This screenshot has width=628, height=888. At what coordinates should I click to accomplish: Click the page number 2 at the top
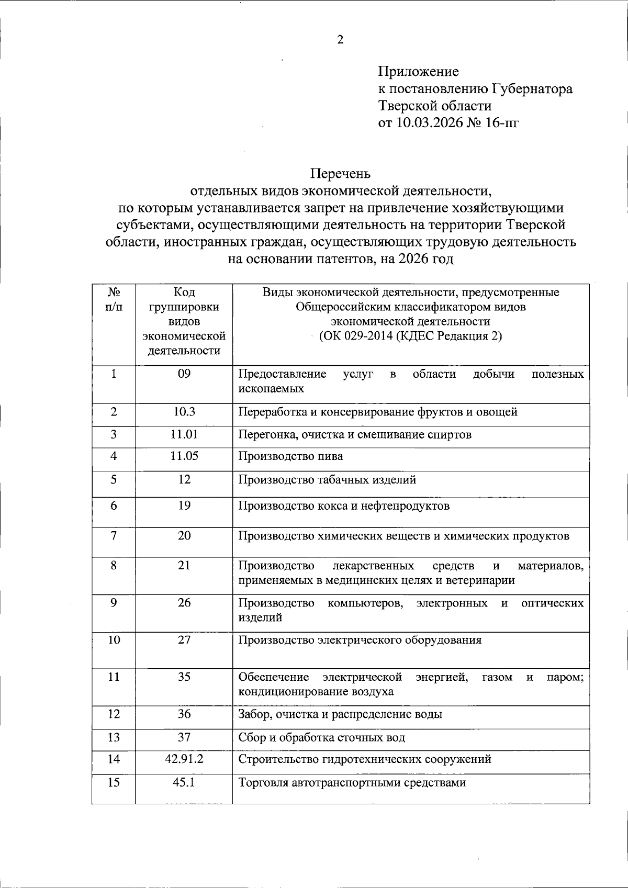pos(340,40)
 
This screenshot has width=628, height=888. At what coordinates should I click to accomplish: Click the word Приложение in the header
pos(419,71)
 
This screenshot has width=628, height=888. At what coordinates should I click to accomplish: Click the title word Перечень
pos(340,173)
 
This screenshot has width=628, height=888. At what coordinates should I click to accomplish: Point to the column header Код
pos(184,292)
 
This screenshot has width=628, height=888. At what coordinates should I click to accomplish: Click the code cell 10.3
pos(184,411)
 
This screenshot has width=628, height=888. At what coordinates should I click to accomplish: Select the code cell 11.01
pos(184,434)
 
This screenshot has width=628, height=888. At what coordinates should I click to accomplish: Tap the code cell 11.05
pos(184,455)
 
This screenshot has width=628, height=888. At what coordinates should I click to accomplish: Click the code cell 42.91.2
pos(184,758)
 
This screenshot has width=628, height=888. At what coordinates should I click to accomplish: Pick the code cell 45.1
pos(184,782)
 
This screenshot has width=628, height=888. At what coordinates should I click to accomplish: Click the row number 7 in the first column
pos(114,535)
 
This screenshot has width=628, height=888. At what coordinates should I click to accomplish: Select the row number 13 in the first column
pos(114,737)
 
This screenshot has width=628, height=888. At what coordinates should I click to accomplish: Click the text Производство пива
pos(290,456)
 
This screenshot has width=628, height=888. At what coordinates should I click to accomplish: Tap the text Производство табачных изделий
pos(327,479)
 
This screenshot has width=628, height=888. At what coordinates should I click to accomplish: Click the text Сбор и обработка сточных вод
pos(321,738)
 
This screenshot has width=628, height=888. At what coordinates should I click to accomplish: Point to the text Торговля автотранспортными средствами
pos(352,783)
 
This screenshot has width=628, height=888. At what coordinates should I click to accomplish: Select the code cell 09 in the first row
pos(184,374)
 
